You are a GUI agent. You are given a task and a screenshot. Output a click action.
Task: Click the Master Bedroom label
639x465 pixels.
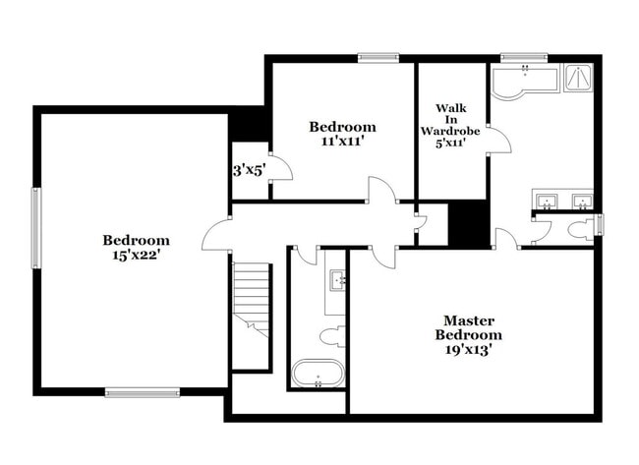click(x=469, y=327)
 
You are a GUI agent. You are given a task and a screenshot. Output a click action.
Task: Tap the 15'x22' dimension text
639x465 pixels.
click(x=136, y=256)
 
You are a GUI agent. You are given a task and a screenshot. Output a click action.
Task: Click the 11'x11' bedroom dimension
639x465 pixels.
click(x=342, y=142)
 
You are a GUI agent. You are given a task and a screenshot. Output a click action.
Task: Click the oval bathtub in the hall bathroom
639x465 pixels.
click(x=319, y=373)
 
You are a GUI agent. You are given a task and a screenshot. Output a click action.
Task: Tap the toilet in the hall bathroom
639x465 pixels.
click(x=332, y=337)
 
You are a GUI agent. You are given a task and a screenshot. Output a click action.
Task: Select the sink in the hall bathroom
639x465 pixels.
click(x=338, y=280)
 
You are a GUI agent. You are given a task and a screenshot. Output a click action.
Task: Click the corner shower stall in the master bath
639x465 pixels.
click(x=578, y=78)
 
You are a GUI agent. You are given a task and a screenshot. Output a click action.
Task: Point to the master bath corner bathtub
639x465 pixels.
click(x=524, y=84)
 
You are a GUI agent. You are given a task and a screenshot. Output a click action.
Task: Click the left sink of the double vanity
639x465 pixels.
click(x=547, y=202)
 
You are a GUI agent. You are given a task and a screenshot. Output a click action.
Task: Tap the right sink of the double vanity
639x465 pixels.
click(x=582, y=202)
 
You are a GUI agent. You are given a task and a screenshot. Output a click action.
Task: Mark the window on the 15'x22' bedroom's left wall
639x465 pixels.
click(x=36, y=228)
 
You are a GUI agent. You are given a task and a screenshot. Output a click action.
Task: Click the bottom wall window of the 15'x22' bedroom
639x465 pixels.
click(x=143, y=392)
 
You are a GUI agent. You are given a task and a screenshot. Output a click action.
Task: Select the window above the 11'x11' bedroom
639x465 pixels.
click(x=378, y=58)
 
